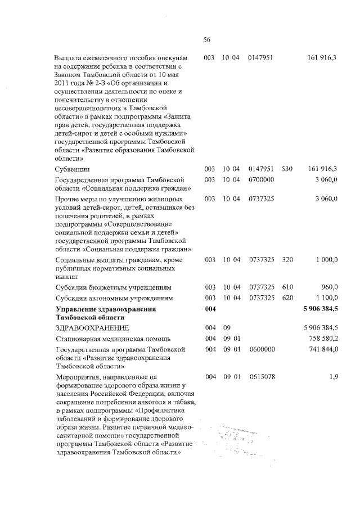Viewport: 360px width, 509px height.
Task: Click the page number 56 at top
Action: (206, 39)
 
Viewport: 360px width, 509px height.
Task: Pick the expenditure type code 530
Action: (287, 168)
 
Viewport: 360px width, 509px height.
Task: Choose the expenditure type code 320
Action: (287, 259)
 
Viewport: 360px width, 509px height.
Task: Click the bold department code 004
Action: (210, 309)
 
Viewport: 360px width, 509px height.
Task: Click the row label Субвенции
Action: (73, 168)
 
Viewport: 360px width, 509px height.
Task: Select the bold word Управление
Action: (75, 309)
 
